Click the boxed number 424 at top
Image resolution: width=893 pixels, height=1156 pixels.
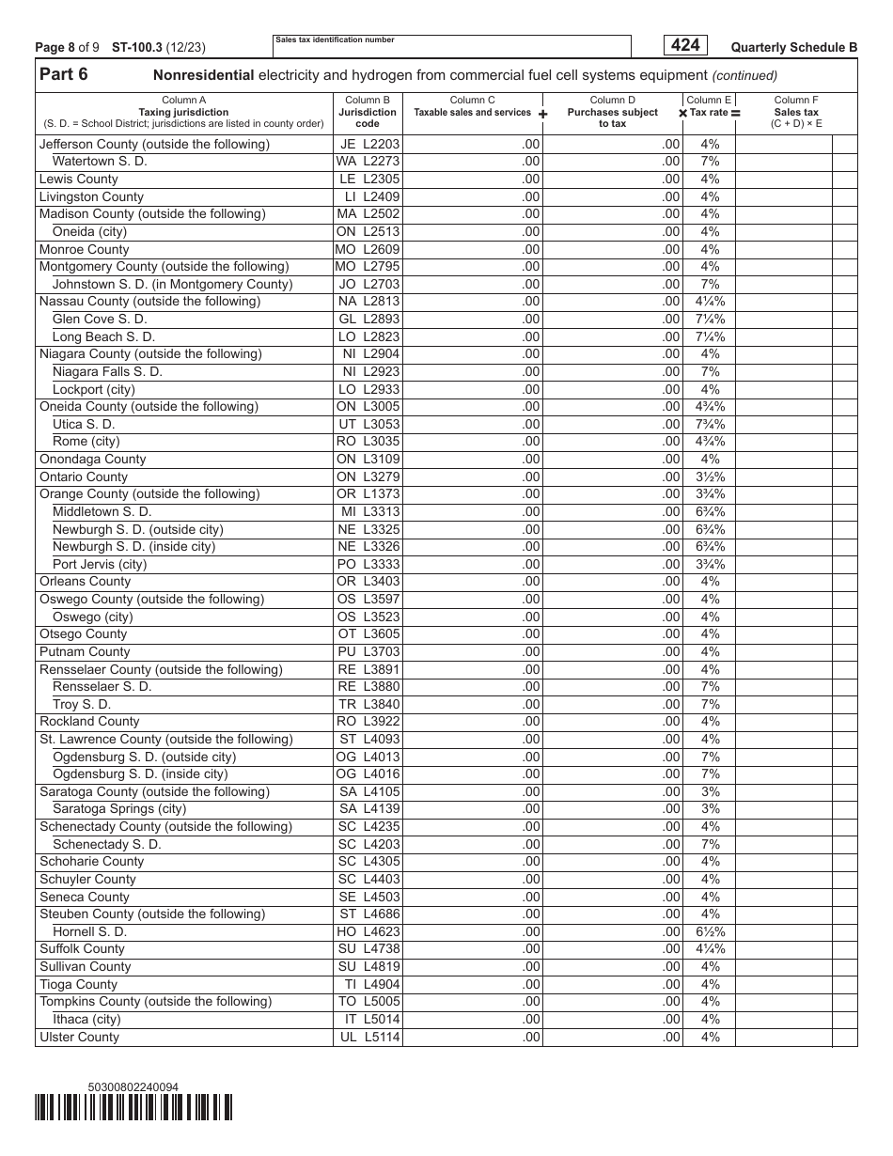click(x=685, y=45)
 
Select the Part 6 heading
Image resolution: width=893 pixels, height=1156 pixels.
click(x=64, y=75)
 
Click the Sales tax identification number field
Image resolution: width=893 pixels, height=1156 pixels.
click(x=451, y=47)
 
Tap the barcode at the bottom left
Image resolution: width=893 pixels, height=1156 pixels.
click(x=133, y=1108)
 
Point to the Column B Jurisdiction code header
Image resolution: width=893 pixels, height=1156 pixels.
click(x=368, y=112)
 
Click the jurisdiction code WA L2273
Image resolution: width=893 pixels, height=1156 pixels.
click(x=368, y=162)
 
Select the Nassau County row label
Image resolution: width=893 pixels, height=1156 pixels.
click(x=149, y=302)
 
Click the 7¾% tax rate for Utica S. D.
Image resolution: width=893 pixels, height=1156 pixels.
click(x=710, y=424)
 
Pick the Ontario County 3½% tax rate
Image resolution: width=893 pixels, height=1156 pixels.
click(x=710, y=476)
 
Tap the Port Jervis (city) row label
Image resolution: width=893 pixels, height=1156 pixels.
click(x=100, y=564)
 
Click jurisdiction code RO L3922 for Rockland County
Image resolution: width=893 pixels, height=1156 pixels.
click(x=368, y=722)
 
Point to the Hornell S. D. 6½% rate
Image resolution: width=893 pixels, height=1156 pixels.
click(x=710, y=931)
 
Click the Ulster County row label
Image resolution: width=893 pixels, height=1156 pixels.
click(x=79, y=1037)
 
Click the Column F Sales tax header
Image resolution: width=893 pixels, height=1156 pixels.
click(x=795, y=112)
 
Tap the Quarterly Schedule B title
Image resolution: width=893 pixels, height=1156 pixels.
click(x=793, y=47)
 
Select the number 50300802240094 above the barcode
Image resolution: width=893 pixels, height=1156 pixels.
click(x=133, y=1087)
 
